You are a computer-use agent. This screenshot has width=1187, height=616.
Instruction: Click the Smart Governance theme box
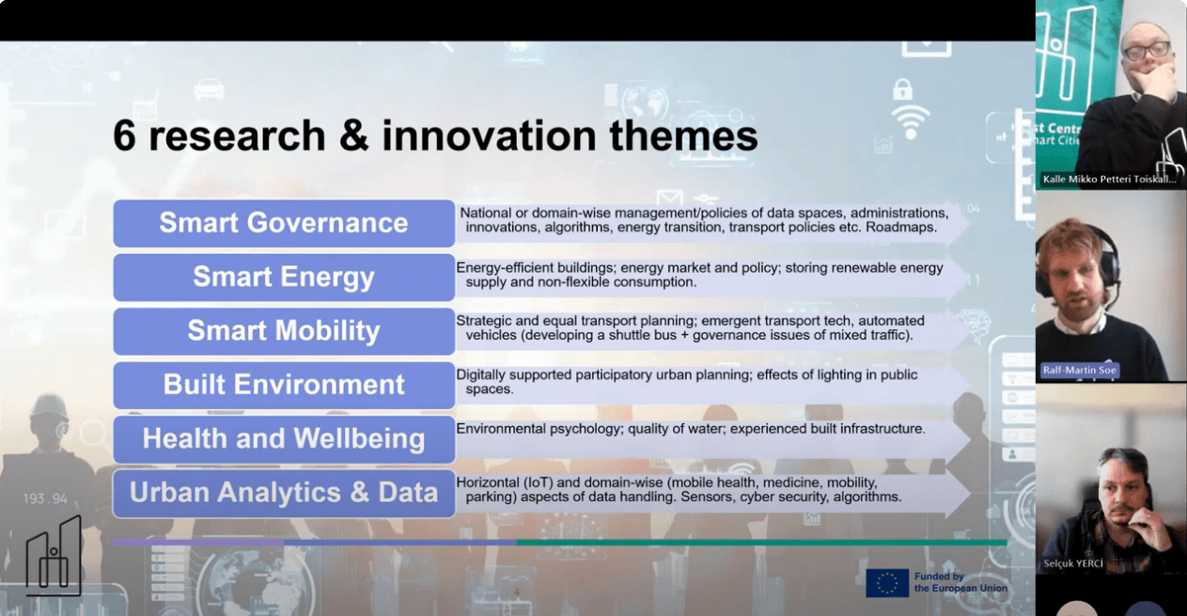point(284,223)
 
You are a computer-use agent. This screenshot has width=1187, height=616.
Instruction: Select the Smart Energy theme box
point(284,277)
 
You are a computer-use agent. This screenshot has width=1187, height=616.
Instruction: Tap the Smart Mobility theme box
point(284,331)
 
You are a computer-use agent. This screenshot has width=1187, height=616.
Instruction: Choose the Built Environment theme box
point(284,386)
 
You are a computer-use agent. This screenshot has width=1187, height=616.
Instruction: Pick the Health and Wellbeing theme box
point(284,439)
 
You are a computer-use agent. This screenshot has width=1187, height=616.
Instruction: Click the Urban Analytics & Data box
point(284,493)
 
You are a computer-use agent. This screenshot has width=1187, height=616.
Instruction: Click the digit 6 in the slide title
point(124,135)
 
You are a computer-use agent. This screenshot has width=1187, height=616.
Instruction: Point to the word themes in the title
point(683,135)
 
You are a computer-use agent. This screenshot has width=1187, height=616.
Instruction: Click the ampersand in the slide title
point(354,135)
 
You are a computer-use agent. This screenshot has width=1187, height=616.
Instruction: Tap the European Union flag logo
point(887,583)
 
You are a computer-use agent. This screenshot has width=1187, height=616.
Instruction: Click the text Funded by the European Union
point(961,582)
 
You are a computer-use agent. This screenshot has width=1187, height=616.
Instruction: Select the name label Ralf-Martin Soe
point(1079,370)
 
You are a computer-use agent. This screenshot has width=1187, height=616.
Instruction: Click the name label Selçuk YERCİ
point(1073,563)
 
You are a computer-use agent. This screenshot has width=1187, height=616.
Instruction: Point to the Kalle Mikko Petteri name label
point(1109,180)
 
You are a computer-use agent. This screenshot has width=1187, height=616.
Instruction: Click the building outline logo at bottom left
point(54,556)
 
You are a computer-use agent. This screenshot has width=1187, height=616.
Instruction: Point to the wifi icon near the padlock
point(911,122)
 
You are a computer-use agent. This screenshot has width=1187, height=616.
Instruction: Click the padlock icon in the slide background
point(902,89)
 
